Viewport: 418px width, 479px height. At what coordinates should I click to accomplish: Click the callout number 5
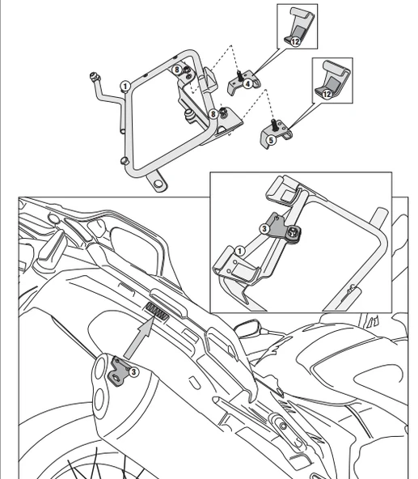click(x=272, y=139)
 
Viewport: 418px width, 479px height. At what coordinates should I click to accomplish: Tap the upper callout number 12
click(x=295, y=40)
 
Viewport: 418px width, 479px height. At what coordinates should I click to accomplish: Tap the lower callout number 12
click(x=327, y=94)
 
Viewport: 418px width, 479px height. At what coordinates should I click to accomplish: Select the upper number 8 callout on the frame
click(x=177, y=71)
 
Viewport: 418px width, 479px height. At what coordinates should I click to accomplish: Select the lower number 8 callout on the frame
click(x=213, y=114)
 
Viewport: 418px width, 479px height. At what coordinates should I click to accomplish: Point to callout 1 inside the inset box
click(x=239, y=252)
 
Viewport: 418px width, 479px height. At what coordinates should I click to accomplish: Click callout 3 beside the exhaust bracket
click(x=133, y=371)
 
